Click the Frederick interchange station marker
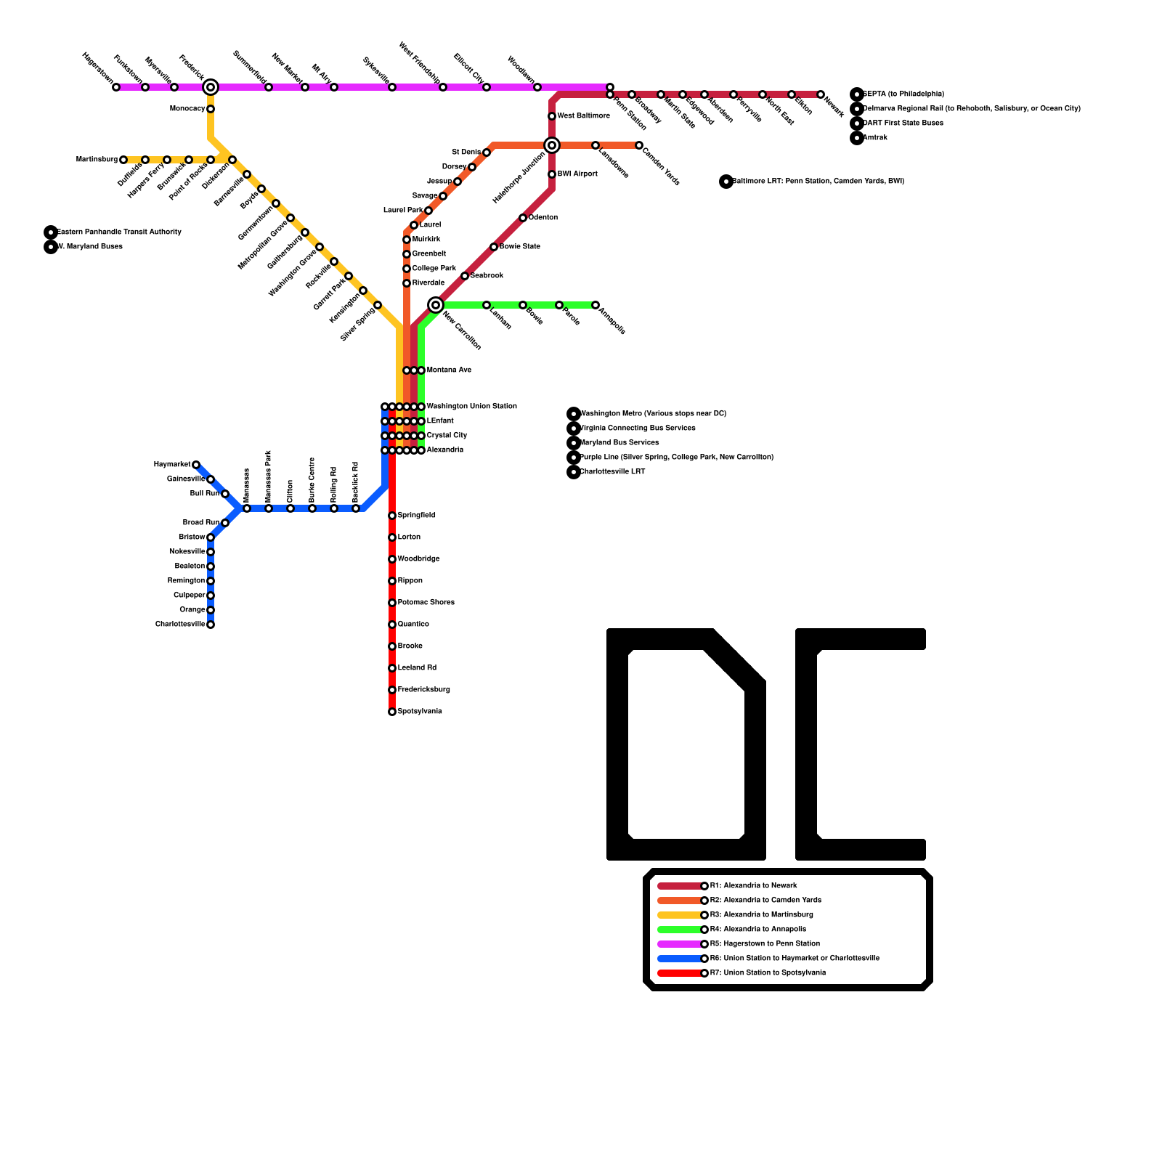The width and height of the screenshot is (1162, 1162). coord(211,87)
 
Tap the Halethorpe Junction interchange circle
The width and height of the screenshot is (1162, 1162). coord(552,145)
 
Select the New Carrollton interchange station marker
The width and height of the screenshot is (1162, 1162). coord(436,305)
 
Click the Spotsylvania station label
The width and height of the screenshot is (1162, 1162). coord(420,712)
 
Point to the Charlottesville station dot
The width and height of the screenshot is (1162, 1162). coord(211,625)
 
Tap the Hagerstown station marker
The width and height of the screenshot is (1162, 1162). coord(116,87)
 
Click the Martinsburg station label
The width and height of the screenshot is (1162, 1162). coord(97,160)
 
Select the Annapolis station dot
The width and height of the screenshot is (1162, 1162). coord(596,305)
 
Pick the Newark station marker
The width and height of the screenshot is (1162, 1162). coord(821,94)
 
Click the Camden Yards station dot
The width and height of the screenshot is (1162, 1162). coord(639,145)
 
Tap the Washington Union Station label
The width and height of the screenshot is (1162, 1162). coord(472,407)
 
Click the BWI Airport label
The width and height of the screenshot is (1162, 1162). coord(577,174)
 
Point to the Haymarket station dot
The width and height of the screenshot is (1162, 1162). coord(196,465)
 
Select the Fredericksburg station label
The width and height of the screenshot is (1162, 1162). coord(424,690)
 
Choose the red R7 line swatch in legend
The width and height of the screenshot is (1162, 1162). coord(680,973)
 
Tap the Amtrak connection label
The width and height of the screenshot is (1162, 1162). coord(875,138)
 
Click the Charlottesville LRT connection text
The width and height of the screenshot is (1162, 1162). coord(612,472)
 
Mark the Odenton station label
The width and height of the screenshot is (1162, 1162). coord(543,218)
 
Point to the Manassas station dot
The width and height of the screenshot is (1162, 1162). coord(247,508)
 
